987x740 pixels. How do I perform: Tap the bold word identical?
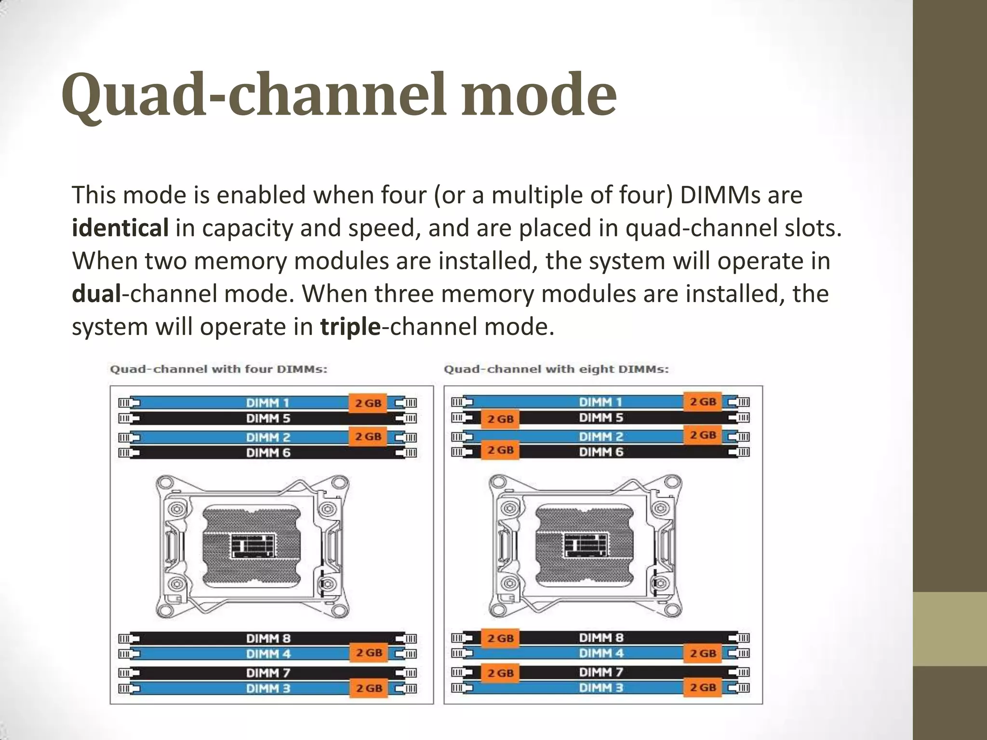pyautogui.click(x=120, y=228)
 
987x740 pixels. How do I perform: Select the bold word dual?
pyautogui.click(x=96, y=293)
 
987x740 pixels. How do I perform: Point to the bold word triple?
pyautogui.click(x=350, y=327)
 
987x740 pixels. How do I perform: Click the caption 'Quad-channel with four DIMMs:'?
pyautogui.click(x=219, y=370)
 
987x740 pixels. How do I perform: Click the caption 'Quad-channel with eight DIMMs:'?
pyautogui.click(x=556, y=370)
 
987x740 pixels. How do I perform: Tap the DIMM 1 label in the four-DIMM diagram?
pyautogui.click(x=268, y=403)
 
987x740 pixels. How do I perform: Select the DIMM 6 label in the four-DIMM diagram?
pyautogui.click(x=268, y=453)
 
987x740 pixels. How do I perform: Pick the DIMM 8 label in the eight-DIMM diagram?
pyautogui.click(x=601, y=638)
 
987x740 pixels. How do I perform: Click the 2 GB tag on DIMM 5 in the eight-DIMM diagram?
pyautogui.click(x=500, y=419)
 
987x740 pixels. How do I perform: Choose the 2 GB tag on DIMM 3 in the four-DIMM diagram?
pyautogui.click(x=369, y=688)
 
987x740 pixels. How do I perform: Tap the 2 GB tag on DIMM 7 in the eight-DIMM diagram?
pyautogui.click(x=500, y=673)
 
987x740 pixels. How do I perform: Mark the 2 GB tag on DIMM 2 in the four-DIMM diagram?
pyautogui.click(x=368, y=436)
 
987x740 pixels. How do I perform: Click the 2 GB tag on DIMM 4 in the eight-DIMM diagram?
pyautogui.click(x=703, y=654)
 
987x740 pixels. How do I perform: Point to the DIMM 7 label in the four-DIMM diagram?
pyautogui.click(x=268, y=673)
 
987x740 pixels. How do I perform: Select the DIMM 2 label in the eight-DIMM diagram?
pyautogui.click(x=601, y=436)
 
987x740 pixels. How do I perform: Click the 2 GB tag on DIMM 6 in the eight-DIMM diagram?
pyautogui.click(x=500, y=450)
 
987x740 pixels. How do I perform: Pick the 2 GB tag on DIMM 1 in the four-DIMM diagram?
pyautogui.click(x=368, y=403)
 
